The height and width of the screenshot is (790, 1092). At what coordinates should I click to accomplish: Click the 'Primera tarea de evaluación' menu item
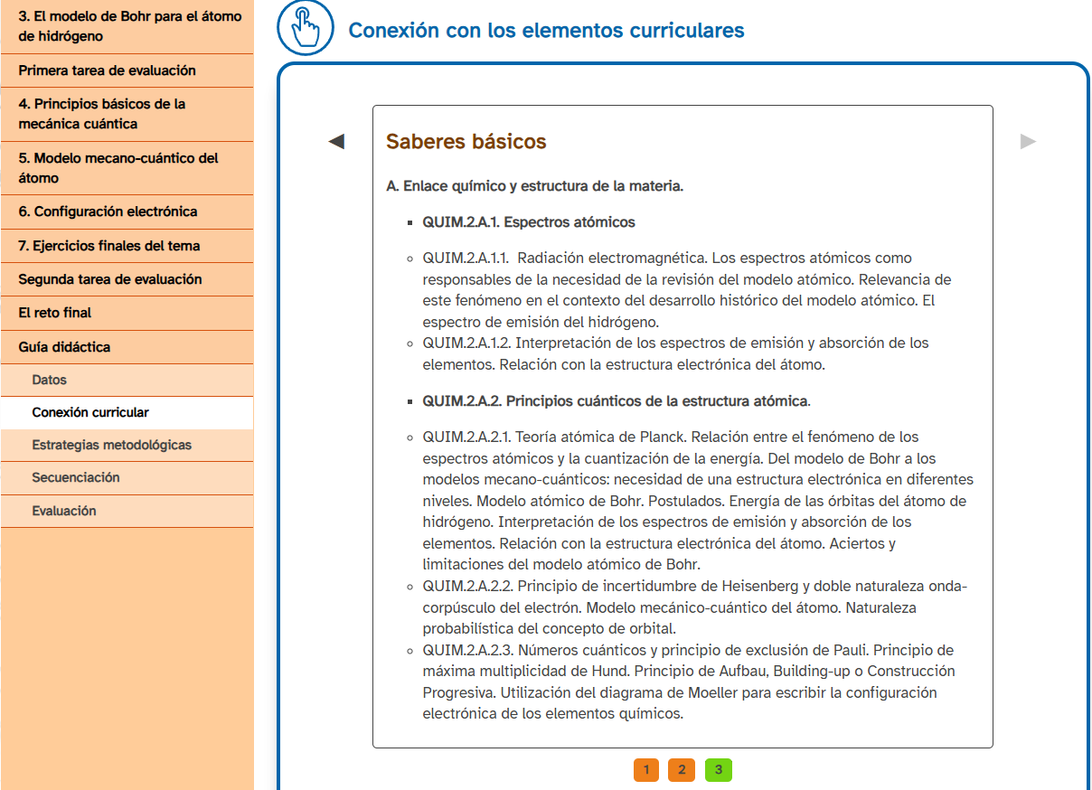(107, 71)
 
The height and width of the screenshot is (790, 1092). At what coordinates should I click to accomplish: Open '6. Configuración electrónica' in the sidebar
(108, 212)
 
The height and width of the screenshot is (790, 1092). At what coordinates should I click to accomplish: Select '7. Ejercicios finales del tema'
(109, 246)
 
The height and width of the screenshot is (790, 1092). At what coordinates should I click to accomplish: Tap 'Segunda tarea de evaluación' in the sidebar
(110, 279)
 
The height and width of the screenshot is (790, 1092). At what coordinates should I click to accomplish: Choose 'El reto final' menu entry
(55, 313)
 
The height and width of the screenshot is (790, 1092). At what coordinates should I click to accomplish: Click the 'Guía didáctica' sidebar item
(64, 347)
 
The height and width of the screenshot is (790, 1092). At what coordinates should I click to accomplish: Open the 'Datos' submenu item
(50, 381)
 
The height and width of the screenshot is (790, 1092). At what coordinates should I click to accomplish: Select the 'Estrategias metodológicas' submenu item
(111, 445)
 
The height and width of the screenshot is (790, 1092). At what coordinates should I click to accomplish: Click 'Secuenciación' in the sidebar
(76, 477)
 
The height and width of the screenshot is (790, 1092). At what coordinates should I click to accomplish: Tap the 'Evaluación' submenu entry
(64, 511)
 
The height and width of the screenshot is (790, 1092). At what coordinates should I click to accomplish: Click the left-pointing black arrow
(336, 141)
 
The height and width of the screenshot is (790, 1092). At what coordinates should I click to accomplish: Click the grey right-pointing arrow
(1028, 141)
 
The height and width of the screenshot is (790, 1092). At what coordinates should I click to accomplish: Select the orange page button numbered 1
(646, 770)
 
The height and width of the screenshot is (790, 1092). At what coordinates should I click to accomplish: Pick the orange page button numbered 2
(682, 770)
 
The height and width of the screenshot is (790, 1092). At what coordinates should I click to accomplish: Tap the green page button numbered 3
(718, 770)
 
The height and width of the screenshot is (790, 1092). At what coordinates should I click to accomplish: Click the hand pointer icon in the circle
(306, 28)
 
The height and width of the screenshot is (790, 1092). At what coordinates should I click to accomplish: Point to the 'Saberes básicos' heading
(466, 142)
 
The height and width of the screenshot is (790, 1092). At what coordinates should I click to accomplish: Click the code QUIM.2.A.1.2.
(466, 343)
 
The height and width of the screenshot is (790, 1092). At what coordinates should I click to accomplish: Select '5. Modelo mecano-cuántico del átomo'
(118, 168)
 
